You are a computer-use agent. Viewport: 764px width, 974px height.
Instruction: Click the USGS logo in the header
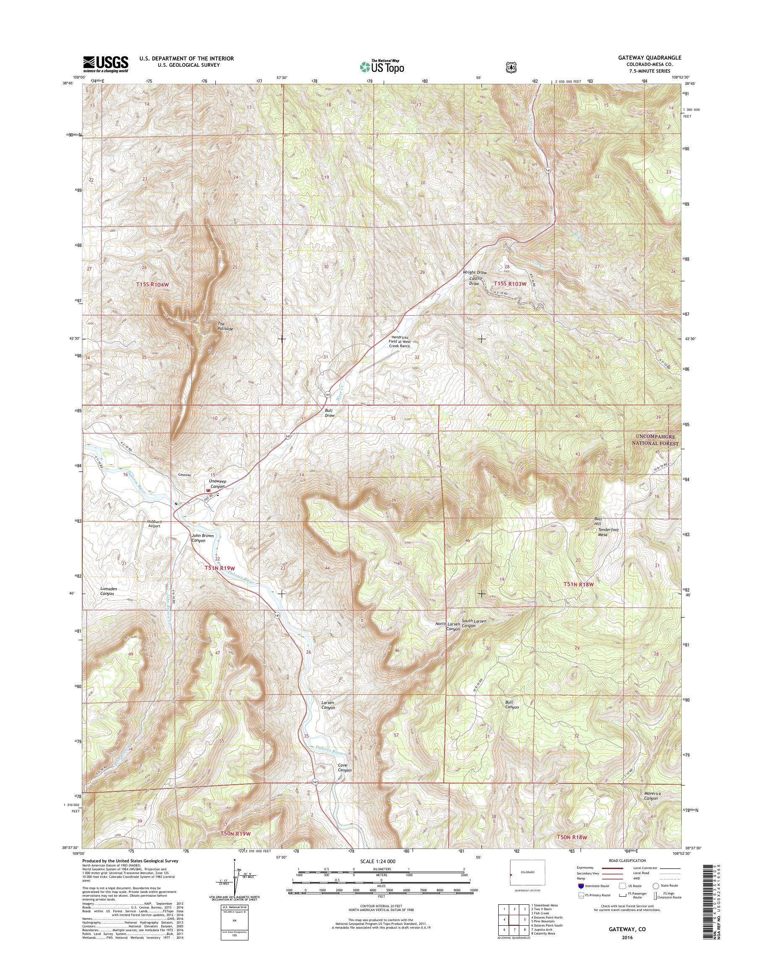point(105,64)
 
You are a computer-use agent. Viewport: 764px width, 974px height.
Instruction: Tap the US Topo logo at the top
point(382,67)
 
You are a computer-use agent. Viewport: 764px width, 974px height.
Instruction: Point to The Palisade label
point(225,326)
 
